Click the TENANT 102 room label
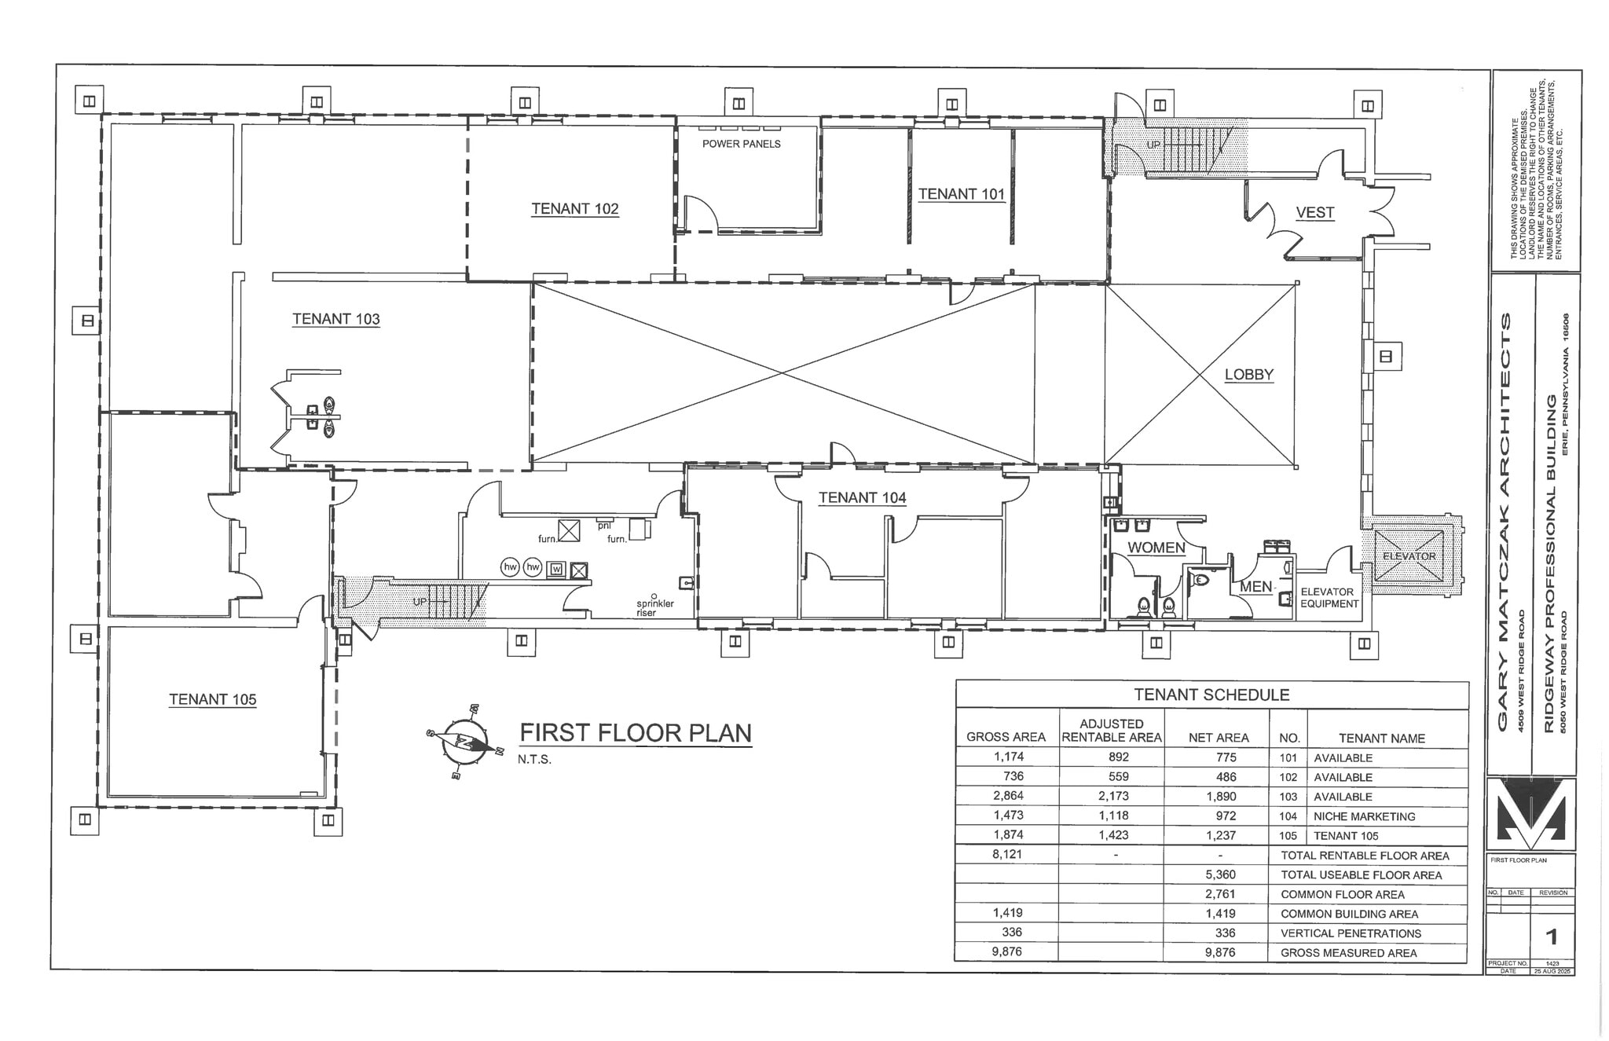[x=574, y=209]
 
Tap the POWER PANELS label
[x=741, y=144]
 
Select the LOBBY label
[x=1248, y=375]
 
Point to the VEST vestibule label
[x=1314, y=212]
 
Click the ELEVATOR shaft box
[x=1409, y=556]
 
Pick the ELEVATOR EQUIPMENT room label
[x=1329, y=598]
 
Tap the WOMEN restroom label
[x=1156, y=548]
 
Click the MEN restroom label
[x=1255, y=587]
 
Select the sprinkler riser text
[x=654, y=608]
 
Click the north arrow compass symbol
[x=464, y=742]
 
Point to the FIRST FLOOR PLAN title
[x=635, y=733]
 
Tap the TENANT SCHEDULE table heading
[x=1211, y=695]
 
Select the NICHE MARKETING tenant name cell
[x=1364, y=816]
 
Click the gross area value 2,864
[x=1008, y=796]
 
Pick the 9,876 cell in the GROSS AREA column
[x=1006, y=951]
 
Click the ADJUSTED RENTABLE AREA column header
[x=1111, y=730]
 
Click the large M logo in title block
[x=1531, y=814]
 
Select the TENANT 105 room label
[x=212, y=699]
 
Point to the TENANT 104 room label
[x=862, y=497]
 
